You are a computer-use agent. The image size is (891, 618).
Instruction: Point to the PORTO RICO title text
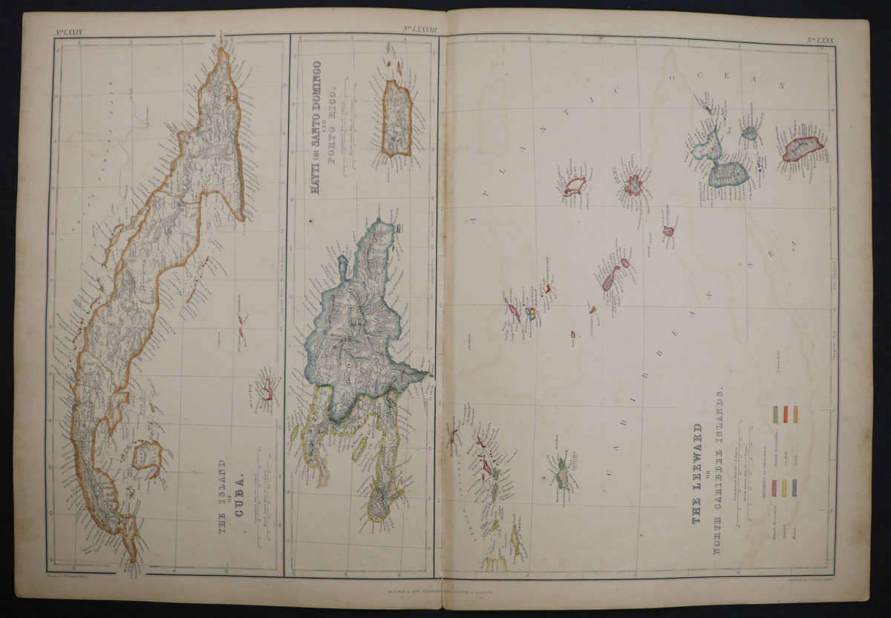click(x=333, y=119)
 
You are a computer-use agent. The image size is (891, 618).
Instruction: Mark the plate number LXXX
click(x=820, y=40)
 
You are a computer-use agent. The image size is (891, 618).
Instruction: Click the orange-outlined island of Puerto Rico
click(x=396, y=118)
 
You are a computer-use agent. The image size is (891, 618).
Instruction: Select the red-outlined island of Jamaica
click(x=265, y=388)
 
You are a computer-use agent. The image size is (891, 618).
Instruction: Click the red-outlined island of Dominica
click(x=802, y=147)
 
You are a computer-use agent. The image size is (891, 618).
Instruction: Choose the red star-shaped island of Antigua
click(x=633, y=185)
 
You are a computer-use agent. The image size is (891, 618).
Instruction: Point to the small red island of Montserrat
click(x=668, y=231)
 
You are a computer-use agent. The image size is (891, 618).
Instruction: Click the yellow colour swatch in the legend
click(x=783, y=487)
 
